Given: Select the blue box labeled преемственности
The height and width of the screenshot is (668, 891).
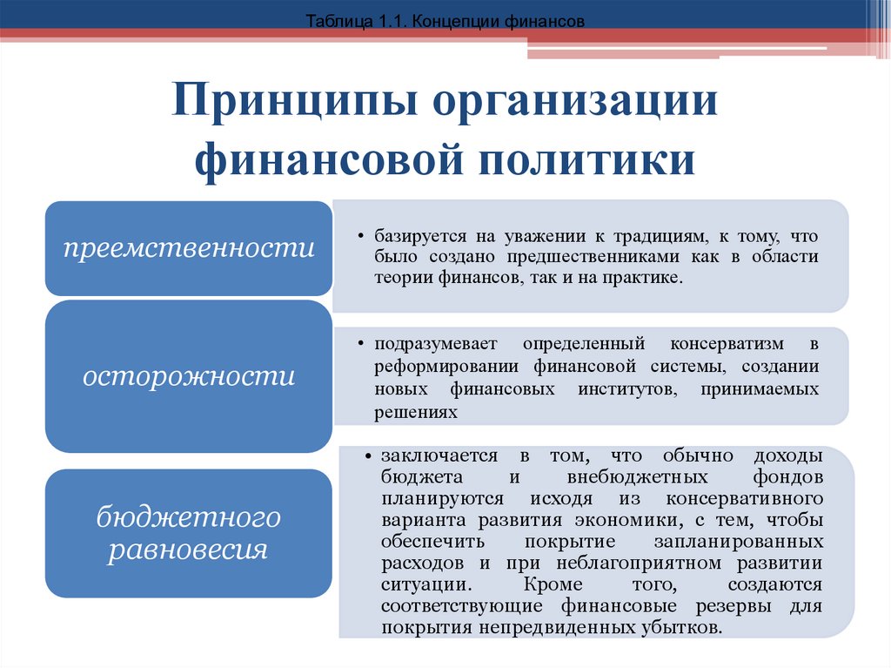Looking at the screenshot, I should point(188,248).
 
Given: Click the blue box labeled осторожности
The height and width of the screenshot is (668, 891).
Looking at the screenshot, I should point(188,376).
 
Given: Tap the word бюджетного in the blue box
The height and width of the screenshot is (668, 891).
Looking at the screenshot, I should point(188,517).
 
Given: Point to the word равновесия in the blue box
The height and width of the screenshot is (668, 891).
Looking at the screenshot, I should point(188,550).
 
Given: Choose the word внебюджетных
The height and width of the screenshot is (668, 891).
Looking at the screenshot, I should point(619,478).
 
